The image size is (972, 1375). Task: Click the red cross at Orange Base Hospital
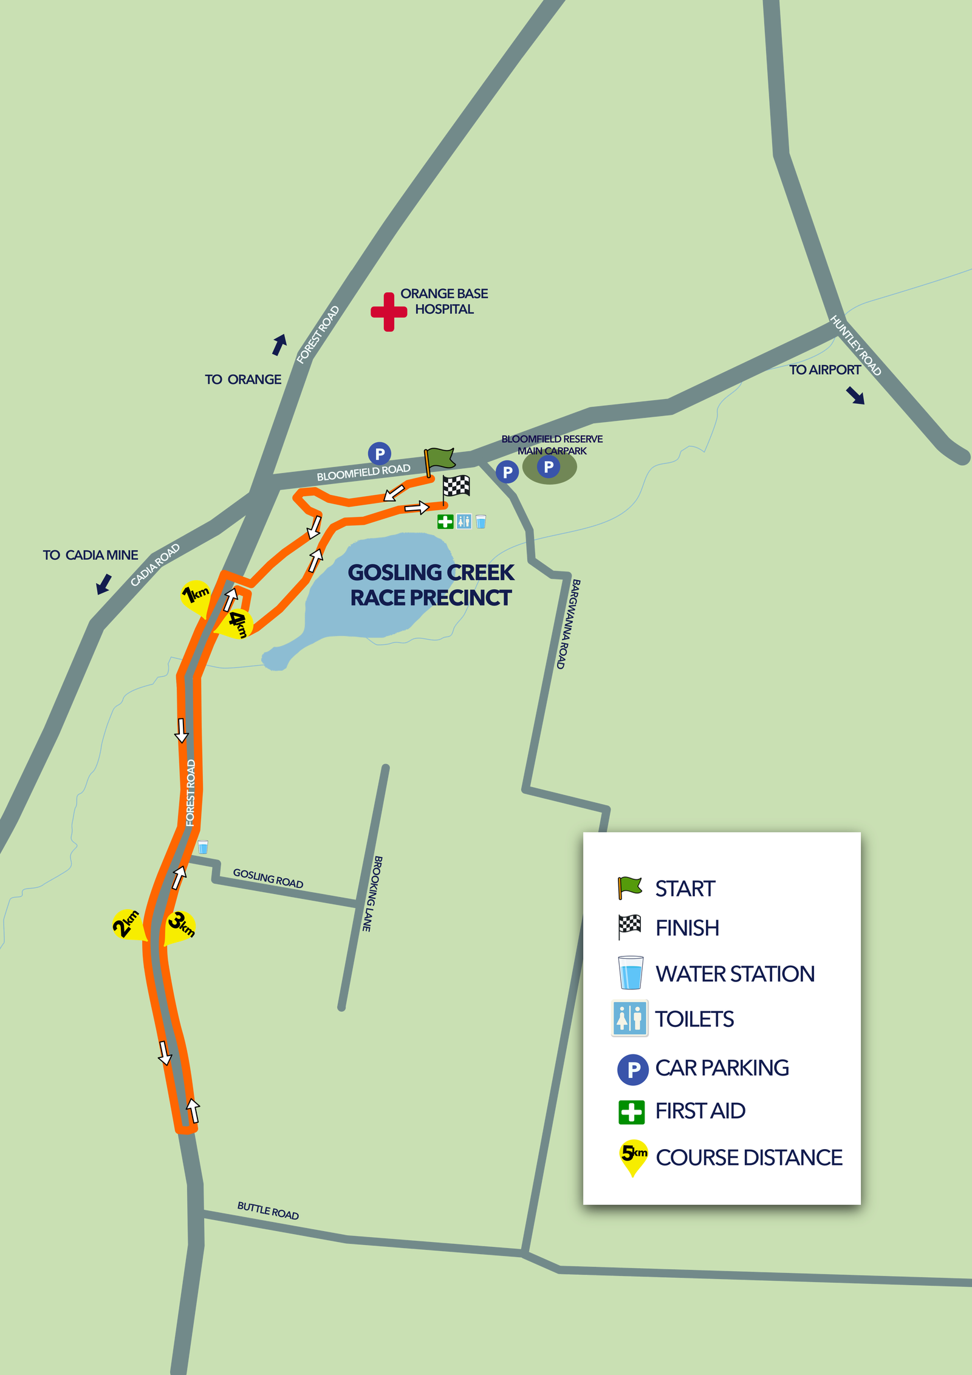click(388, 312)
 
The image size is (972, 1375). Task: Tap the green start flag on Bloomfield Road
click(439, 459)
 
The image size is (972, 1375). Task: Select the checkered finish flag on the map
click(456, 486)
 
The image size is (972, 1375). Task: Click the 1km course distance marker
click(196, 596)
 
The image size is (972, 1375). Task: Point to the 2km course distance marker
click(128, 925)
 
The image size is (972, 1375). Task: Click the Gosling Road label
click(268, 878)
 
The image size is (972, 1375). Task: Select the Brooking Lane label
click(372, 893)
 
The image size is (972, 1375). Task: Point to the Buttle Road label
click(268, 1210)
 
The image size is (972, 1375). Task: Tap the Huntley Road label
click(855, 345)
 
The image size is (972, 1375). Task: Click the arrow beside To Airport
click(855, 396)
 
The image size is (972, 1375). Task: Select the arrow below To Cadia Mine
click(104, 584)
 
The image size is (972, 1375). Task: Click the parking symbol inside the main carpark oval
click(549, 466)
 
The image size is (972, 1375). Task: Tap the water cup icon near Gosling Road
click(203, 847)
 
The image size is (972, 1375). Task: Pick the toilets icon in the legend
click(629, 1018)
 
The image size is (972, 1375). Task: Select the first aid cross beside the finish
click(445, 522)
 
